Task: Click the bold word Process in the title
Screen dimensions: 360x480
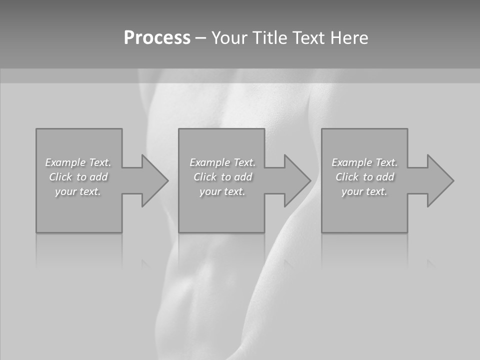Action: pos(157,38)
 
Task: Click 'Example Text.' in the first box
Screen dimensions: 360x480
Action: pos(78,162)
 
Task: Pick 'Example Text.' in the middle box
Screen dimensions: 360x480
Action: pos(222,162)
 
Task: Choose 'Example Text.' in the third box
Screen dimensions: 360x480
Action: pos(364,162)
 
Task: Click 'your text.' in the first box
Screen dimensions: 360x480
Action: pos(78,191)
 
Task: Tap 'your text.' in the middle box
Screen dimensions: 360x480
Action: pos(222,191)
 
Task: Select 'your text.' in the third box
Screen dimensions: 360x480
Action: pos(364,191)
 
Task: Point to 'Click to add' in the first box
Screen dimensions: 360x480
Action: pos(78,177)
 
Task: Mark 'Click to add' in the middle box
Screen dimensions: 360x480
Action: pos(223,177)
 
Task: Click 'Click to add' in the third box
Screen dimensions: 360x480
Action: pos(365,177)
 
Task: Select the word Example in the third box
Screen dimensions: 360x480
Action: pos(352,162)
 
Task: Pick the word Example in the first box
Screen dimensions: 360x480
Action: pos(65,162)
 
